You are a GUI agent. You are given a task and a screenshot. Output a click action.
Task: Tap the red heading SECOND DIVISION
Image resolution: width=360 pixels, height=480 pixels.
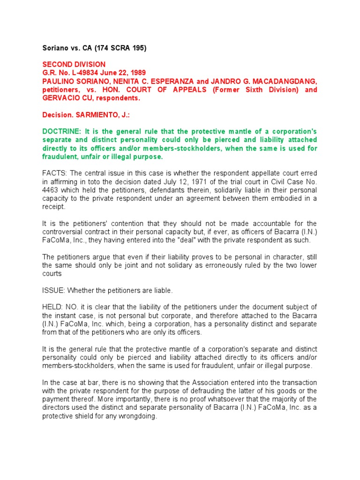pos(74,64)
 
